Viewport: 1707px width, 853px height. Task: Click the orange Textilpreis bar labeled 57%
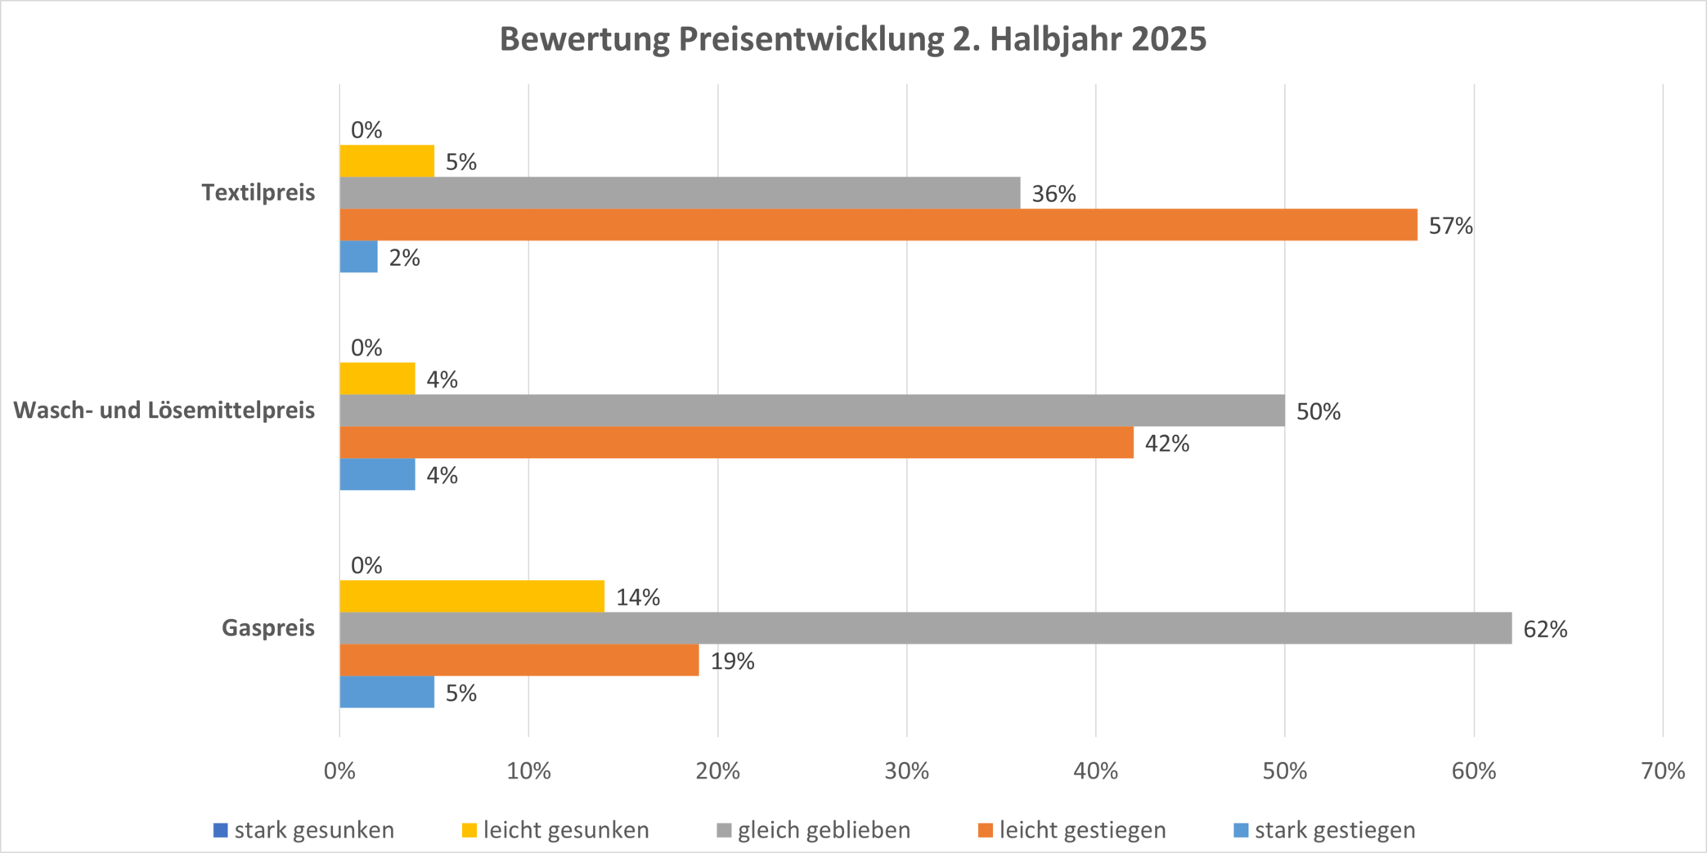click(x=878, y=225)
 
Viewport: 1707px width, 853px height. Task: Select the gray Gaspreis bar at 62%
click(x=925, y=628)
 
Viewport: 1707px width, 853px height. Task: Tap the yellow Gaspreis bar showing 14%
click(x=472, y=596)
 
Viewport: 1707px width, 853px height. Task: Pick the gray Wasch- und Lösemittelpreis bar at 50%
click(x=811, y=411)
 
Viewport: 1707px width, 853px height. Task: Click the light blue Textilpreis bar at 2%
click(x=358, y=257)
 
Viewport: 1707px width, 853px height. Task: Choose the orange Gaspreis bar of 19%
click(x=519, y=660)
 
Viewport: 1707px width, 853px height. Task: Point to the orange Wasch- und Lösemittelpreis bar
click(x=736, y=442)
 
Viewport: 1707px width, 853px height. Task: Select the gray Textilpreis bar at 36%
click(x=680, y=193)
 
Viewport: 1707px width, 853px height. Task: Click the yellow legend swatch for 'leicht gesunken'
click(x=469, y=830)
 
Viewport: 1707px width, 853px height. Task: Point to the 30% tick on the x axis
click(x=907, y=771)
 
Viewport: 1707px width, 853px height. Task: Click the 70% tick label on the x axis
click(x=1663, y=771)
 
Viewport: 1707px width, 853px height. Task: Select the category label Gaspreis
click(x=268, y=628)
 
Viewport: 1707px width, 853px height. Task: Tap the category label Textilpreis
click(x=258, y=193)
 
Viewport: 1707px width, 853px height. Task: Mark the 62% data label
click(x=1545, y=629)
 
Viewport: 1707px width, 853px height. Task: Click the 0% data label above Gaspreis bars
click(x=366, y=565)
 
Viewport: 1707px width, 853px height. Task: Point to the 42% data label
click(x=1167, y=443)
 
